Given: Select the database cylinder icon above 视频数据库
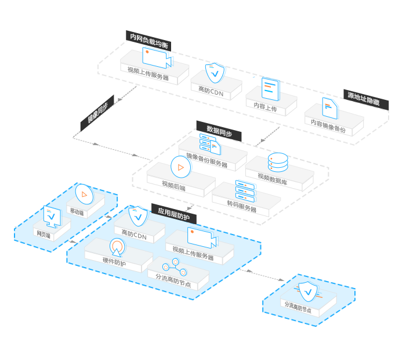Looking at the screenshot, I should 278,163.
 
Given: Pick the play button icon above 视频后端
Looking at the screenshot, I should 180,167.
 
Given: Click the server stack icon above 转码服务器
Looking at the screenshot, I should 245,190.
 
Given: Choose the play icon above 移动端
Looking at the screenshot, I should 85,193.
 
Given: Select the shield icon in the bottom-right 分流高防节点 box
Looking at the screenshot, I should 307,290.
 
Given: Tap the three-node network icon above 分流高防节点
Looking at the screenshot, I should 174,268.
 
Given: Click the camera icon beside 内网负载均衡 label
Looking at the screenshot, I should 157,57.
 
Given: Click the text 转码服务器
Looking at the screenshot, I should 242,207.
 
